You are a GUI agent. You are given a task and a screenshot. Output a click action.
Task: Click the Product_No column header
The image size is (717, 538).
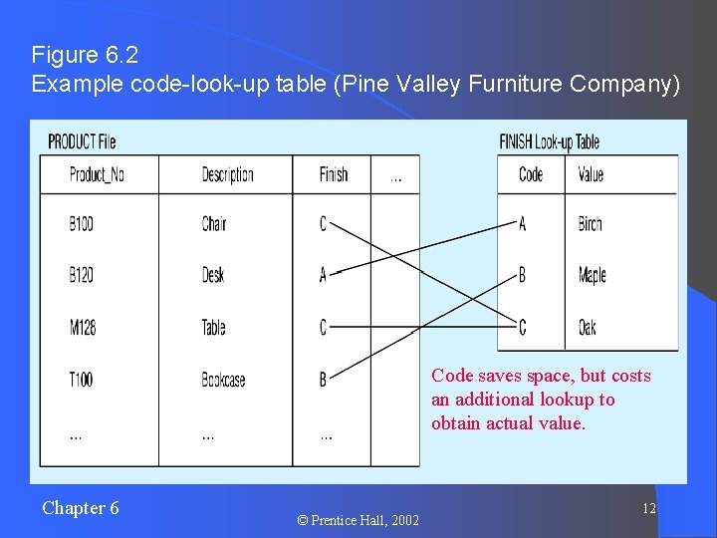click(x=97, y=175)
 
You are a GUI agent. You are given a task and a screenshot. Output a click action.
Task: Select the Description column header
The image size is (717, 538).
click(x=227, y=175)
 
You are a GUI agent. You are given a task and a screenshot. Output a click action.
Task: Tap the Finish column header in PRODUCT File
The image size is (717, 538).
click(x=334, y=175)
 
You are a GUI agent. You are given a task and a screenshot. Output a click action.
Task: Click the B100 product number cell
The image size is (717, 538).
click(x=82, y=224)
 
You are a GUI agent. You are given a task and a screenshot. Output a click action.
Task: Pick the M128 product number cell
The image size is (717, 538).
click(x=83, y=327)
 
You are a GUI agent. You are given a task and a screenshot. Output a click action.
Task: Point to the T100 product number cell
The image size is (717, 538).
click(x=82, y=380)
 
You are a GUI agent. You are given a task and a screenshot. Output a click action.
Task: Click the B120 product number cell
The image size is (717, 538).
click(x=82, y=275)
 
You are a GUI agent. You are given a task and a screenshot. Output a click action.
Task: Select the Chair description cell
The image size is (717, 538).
click(x=214, y=224)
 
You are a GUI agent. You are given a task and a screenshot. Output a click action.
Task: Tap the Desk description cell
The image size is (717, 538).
click(x=213, y=275)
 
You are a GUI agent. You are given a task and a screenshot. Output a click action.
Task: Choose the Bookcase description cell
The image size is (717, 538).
click(x=223, y=380)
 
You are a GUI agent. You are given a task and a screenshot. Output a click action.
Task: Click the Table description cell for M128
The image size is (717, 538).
click(x=214, y=327)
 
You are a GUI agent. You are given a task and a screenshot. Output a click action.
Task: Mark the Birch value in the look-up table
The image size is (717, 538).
click(x=591, y=224)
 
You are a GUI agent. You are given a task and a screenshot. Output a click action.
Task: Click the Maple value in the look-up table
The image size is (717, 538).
click(x=593, y=275)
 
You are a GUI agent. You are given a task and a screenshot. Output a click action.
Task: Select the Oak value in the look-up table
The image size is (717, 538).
click(x=588, y=327)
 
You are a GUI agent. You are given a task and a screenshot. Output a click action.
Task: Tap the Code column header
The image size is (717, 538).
click(x=531, y=175)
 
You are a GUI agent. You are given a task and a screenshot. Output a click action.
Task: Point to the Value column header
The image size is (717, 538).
click(x=591, y=175)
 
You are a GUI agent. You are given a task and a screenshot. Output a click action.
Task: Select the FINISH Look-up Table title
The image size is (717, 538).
click(x=550, y=141)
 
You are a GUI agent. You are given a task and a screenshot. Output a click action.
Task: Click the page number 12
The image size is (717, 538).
click(x=648, y=509)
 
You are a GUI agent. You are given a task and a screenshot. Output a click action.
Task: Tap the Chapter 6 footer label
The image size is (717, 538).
click(x=81, y=508)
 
